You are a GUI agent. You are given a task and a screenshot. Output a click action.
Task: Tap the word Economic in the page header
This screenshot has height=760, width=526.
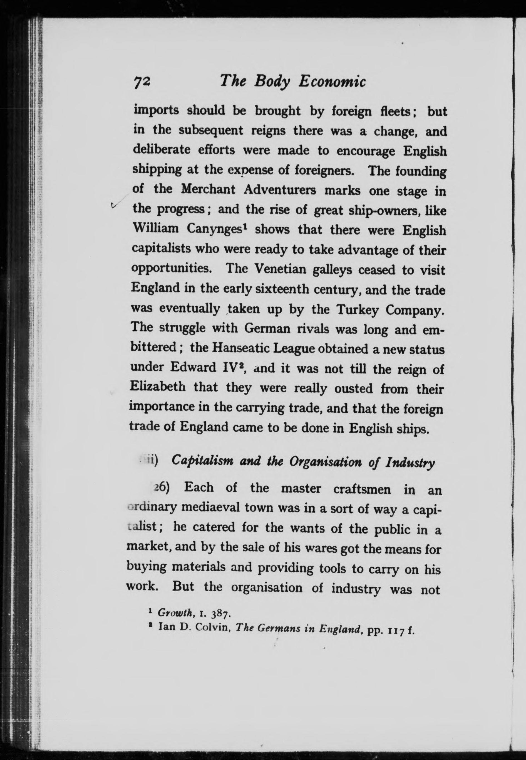[332, 81]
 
